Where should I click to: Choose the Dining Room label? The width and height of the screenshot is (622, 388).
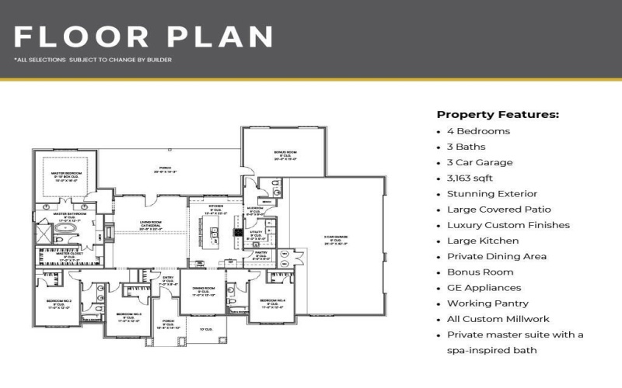[x=204, y=291]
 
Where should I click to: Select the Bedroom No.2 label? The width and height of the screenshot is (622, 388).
[x=58, y=303]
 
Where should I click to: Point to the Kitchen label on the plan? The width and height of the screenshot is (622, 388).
[x=217, y=210]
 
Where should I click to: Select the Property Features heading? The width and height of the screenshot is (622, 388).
[x=498, y=114]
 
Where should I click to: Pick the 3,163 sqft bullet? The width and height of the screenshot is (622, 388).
[x=470, y=178]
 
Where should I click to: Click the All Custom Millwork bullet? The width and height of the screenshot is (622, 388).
[x=498, y=319]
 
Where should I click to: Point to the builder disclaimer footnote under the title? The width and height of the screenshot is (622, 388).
[x=93, y=59]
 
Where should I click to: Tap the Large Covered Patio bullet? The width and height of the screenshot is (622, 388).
[x=498, y=210]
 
